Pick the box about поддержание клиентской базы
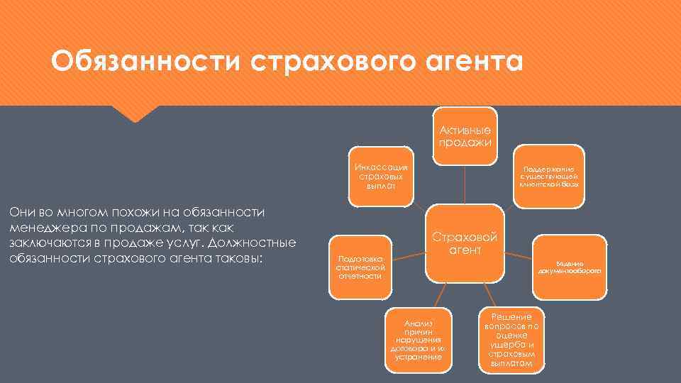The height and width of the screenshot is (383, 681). click(x=550, y=177)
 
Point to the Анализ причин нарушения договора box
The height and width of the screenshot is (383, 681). click(x=418, y=340)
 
